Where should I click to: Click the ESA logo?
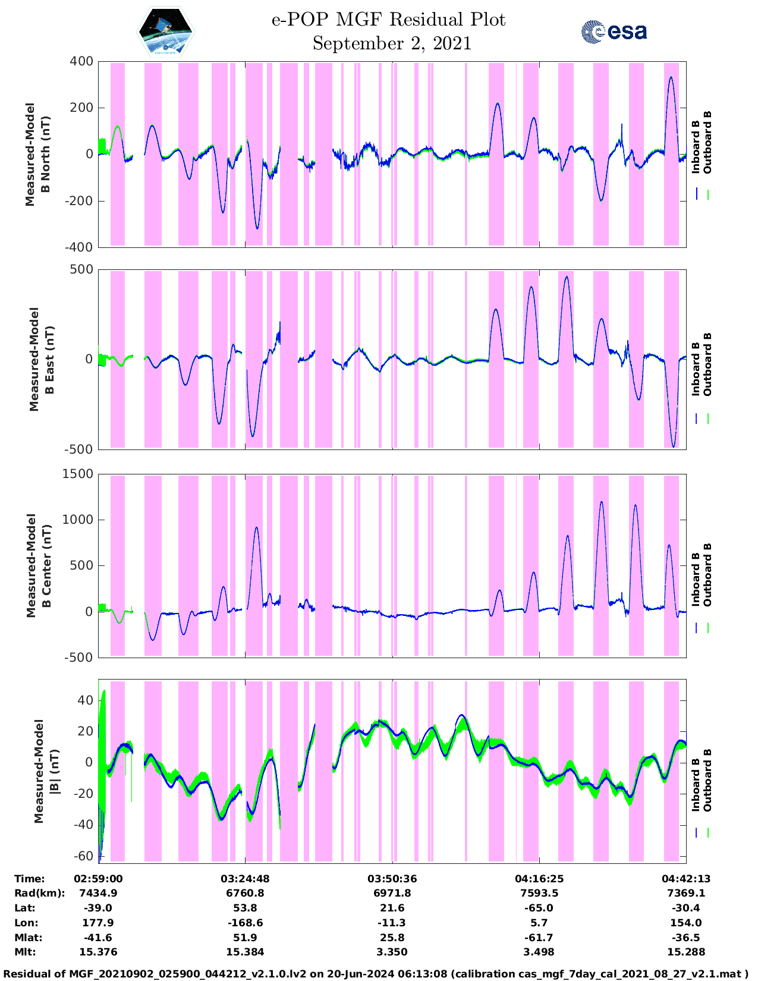click(614, 32)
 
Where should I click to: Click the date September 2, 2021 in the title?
click(392, 43)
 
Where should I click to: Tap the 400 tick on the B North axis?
click(82, 61)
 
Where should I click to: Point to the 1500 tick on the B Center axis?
click(78, 474)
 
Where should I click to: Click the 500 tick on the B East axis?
click(82, 269)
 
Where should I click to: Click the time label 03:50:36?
click(392, 879)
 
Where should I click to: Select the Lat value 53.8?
click(245, 908)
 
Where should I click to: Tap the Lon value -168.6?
click(245, 923)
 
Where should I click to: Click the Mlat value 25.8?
click(392, 938)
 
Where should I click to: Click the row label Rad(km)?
click(39, 893)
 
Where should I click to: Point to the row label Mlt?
click(25, 952)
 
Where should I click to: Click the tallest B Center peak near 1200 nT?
click(602, 502)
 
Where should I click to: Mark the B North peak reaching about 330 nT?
click(671, 77)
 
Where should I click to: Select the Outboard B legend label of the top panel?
click(707, 143)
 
